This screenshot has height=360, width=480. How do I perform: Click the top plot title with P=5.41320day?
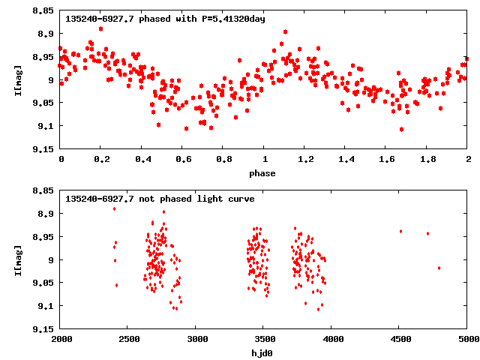click(x=165, y=19)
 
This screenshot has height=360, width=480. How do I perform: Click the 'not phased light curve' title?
click(x=160, y=199)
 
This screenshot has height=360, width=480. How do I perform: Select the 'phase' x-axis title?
click(x=262, y=173)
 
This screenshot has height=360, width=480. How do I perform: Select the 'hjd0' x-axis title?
click(x=262, y=353)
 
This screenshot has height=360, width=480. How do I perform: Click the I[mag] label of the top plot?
click(x=18, y=80)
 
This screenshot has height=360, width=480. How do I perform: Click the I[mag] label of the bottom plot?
click(x=18, y=260)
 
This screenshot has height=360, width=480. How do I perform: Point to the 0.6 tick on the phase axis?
click(x=182, y=159)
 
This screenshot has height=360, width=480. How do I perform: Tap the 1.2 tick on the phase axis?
click(x=305, y=159)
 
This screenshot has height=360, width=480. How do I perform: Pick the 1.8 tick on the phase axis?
click(x=427, y=159)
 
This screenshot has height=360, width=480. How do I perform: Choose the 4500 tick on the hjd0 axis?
click(x=400, y=339)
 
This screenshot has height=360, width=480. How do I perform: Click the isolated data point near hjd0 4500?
click(x=401, y=231)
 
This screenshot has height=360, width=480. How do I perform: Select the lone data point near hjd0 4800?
click(x=439, y=268)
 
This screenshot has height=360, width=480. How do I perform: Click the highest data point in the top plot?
click(x=100, y=28)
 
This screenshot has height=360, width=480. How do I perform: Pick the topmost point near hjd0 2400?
click(x=115, y=208)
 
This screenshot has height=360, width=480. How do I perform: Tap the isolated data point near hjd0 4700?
click(x=427, y=233)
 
